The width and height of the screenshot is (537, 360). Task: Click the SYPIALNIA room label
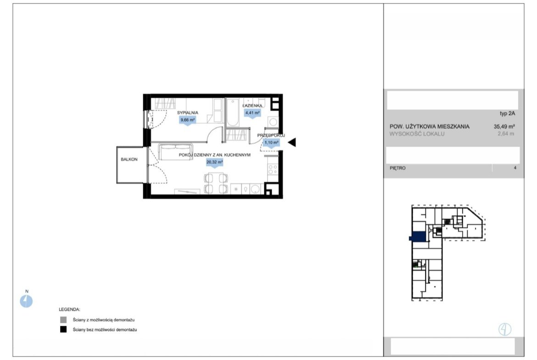click(x=187, y=112)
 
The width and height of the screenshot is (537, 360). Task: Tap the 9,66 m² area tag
click(x=187, y=120)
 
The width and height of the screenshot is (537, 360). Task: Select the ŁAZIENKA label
click(x=252, y=106)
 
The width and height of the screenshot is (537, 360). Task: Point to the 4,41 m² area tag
click(x=252, y=112)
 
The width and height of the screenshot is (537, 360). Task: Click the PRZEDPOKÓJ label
click(x=271, y=135)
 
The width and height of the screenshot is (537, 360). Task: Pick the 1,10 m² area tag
click(x=271, y=142)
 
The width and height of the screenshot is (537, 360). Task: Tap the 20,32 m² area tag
click(x=214, y=162)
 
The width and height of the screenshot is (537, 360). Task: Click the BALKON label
click(x=129, y=160)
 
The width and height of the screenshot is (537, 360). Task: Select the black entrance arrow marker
click(x=292, y=142)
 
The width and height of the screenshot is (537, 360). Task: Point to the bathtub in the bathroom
click(x=233, y=112)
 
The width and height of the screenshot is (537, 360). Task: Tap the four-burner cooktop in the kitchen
click(x=273, y=169)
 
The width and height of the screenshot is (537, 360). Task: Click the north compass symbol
click(x=26, y=301)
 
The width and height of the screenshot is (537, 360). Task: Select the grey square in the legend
click(x=63, y=320)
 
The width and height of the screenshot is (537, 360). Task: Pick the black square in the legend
click(x=63, y=330)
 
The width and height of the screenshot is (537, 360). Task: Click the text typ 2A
click(x=507, y=114)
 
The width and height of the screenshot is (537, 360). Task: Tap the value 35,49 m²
click(x=504, y=127)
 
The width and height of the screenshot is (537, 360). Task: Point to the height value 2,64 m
click(x=506, y=134)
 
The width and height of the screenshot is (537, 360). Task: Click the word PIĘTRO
click(x=397, y=168)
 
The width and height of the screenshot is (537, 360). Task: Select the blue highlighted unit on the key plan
click(x=418, y=237)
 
